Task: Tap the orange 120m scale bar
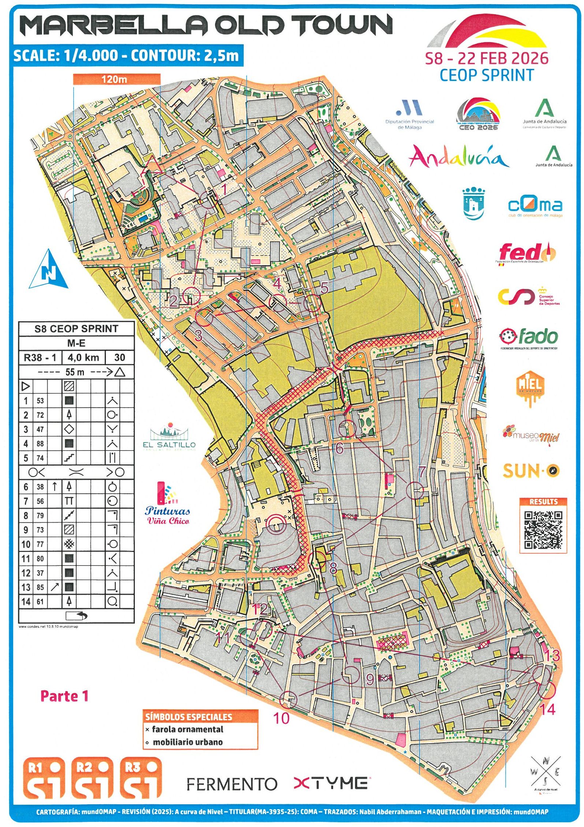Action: click(117, 79)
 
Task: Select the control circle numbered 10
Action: click(288, 700)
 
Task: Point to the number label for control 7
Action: click(422, 472)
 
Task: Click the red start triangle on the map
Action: click(151, 165)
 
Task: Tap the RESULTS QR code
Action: click(543, 529)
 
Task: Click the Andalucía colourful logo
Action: click(458, 157)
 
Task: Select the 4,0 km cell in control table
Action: click(83, 357)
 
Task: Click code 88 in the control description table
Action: click(40, 444)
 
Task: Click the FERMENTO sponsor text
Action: click(232, 784)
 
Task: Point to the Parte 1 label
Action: click(64, 696)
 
